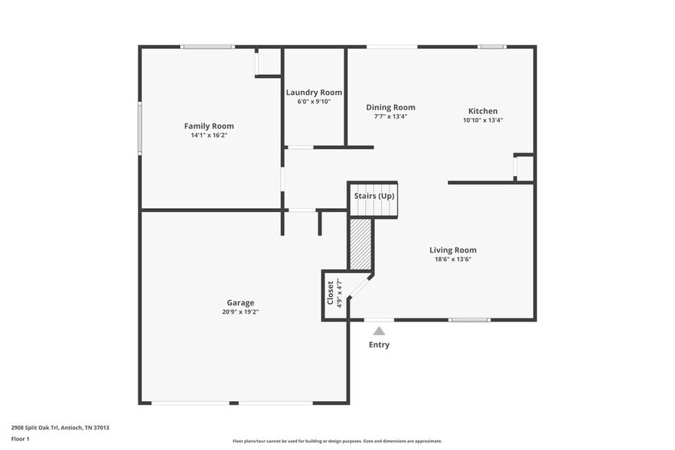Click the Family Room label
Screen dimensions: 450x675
[209, 126]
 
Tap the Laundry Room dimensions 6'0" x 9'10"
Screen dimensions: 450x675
[314, 101]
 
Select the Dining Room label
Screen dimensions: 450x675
[390, 108]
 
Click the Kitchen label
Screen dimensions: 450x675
[483, 111]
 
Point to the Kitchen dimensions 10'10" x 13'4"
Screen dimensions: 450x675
[483, 120]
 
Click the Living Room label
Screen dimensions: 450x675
[452, 250]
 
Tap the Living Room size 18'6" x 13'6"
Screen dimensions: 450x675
[452, 259]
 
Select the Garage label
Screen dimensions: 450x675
[240, 302]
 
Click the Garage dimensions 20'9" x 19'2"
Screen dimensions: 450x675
[240, 312]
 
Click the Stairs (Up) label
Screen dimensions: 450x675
[373, 197]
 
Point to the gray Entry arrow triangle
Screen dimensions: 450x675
[379, 331]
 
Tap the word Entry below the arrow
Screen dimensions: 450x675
[379, 344]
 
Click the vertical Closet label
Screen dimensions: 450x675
[331, 292]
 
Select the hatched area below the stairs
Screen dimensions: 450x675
[360, 244]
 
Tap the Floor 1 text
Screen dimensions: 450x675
[21, 439]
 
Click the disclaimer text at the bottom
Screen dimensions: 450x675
[337, 441]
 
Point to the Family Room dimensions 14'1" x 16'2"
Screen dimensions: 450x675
[209, 135]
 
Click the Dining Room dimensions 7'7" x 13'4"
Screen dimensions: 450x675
[390, 117]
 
